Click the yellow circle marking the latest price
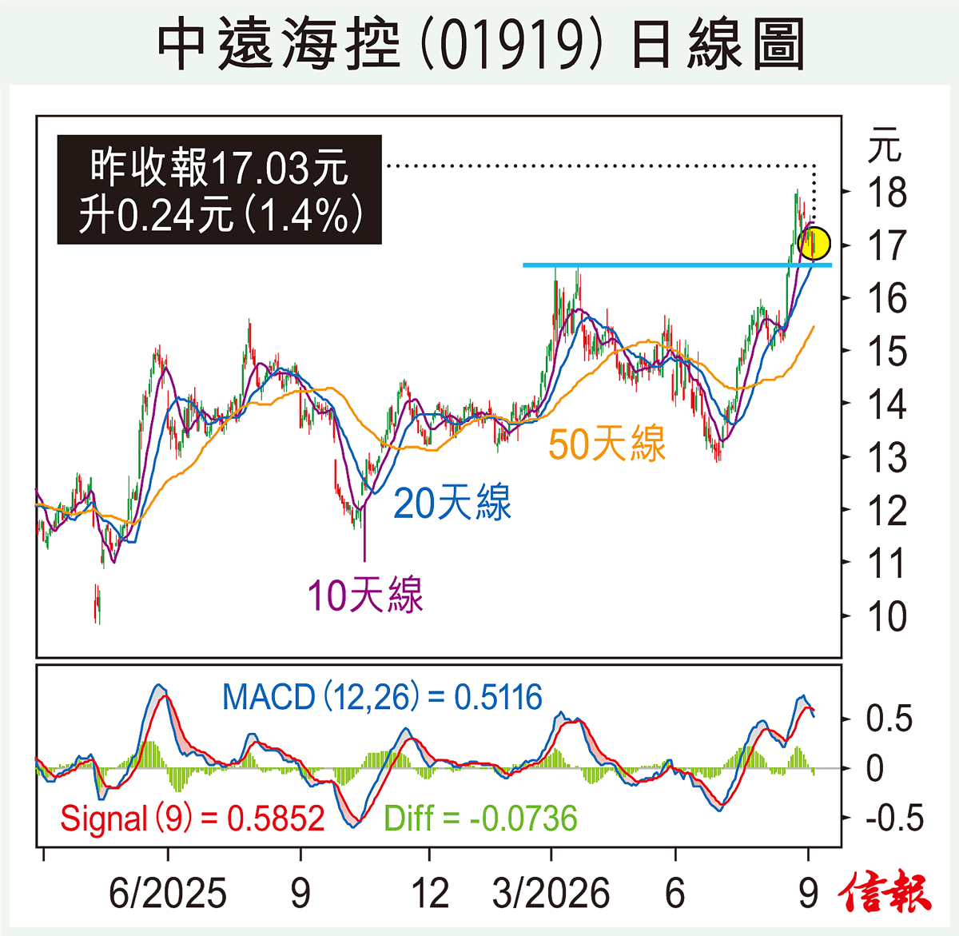coord(814,243)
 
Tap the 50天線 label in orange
coord(607,444)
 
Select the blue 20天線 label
coord(452,504)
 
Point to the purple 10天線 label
coord(365,595)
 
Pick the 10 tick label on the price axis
coord(887,616)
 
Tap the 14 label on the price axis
coord(887,404)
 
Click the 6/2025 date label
coord(168,893)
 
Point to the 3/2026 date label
coord(551,893)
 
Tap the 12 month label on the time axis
coord(430,893)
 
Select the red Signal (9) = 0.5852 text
coord(193,819)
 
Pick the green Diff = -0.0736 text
coord(480,819)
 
